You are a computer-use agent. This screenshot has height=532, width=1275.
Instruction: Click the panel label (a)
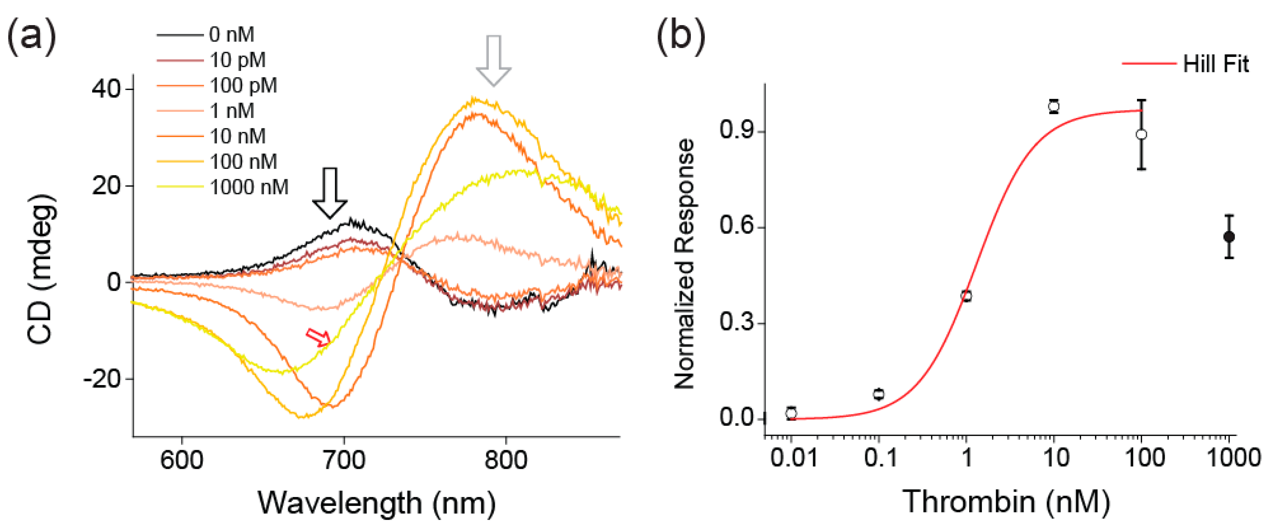coord(31,36)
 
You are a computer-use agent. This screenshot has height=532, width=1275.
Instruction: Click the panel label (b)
coord(681,36)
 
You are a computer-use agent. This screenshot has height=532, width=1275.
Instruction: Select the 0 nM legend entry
coord(231,35)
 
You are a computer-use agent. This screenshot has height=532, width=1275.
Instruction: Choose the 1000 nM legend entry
coord(249,187)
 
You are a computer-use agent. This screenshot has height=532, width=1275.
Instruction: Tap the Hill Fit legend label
coord(1215,64)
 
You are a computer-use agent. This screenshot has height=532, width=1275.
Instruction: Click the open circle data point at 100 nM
coord(1141,134)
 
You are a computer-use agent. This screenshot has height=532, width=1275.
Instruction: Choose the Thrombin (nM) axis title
coord(1006,501)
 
